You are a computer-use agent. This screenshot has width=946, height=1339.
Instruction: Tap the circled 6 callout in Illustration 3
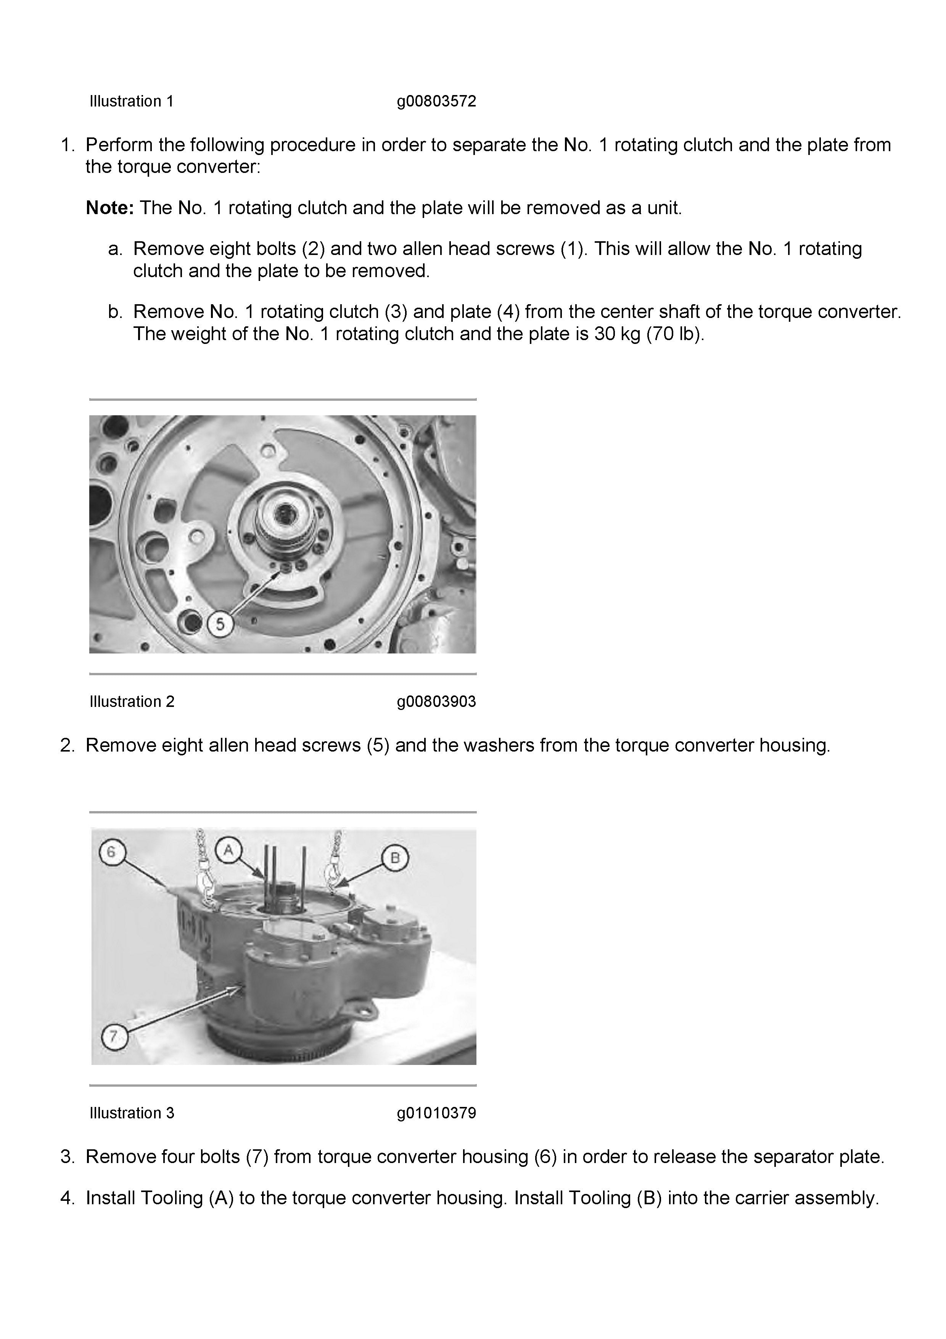coord(111,852)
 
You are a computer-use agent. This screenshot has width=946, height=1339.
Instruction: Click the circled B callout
coord(394,857)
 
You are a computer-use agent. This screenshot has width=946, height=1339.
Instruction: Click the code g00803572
coord(436,102)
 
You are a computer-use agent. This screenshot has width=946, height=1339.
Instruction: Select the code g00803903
coord(436,702)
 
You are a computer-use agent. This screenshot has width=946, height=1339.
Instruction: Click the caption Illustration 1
coord(132,102)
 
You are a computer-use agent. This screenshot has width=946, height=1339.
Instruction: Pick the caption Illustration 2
coord(132,702)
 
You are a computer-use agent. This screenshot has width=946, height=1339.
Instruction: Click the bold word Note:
coord(109,208)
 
